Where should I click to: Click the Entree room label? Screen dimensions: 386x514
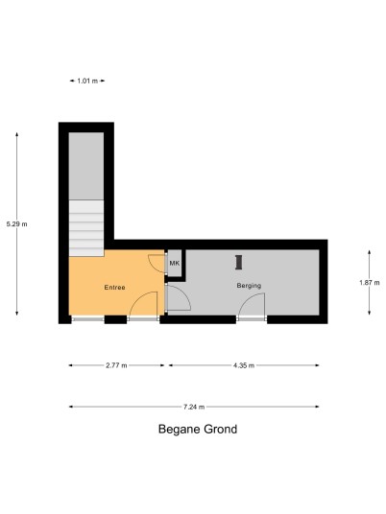point(114,288)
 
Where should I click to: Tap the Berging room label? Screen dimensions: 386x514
point(249,286)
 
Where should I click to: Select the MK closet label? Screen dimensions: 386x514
point(175,263)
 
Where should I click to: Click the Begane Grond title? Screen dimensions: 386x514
point(198,429)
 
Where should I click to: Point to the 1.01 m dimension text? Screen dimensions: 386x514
point(87,81)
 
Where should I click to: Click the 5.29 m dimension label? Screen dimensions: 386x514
point(16,224)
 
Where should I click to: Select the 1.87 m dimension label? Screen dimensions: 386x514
point(370,283)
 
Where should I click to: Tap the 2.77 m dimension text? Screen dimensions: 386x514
point(116,365)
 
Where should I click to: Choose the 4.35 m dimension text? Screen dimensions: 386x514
point(244,365)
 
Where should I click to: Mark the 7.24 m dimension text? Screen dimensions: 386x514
point(194,408)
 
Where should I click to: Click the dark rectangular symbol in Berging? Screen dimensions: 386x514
point(239,262)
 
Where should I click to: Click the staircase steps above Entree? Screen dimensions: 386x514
point(86,228)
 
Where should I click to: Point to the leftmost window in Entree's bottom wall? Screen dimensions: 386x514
point(87,318)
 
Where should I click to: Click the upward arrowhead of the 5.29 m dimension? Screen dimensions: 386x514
point(16,134)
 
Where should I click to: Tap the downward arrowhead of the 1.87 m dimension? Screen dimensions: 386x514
point(370,313)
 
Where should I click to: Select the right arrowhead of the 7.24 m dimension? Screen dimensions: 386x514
point(317,407)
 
